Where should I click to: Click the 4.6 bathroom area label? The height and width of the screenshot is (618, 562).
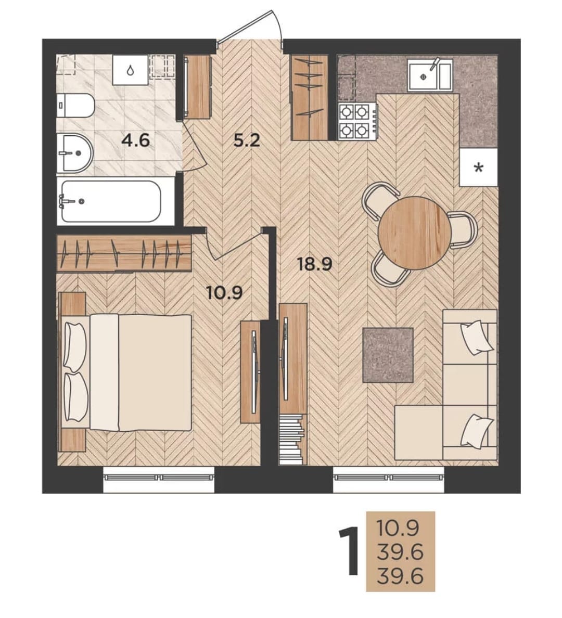point(136,140)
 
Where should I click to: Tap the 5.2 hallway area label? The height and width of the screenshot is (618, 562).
point(247,140)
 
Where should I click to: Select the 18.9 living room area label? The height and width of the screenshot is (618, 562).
point(314,264)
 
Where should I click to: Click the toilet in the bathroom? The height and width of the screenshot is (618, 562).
point(75,105)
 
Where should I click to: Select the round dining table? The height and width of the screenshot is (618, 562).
point(415,233)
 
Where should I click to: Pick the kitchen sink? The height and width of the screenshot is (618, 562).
point(430,74)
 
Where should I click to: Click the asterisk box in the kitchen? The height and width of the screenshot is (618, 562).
point(479,168)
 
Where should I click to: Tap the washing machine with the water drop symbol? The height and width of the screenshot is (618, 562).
point(130,70)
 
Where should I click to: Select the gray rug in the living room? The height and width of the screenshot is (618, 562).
point(388,355)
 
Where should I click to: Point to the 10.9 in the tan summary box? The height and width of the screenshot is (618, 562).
point(398,528)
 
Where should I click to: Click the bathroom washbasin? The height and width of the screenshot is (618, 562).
point(74,153)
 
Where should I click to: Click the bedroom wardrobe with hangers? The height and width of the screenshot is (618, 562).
point(124,253)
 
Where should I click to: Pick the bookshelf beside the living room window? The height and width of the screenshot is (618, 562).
point(292,440)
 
